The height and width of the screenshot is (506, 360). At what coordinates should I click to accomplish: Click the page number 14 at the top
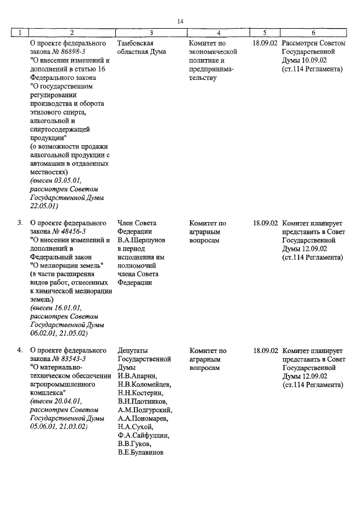coord(180,21)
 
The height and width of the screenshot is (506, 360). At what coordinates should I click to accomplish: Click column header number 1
coord(20,33)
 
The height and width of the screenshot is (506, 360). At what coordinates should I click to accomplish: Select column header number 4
coord(218,33)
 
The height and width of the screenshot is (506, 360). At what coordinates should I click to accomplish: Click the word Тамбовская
coord(136,43)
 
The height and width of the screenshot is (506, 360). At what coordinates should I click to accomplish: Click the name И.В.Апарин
coord(137,376)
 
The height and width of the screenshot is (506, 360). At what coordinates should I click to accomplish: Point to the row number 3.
coord(20,223)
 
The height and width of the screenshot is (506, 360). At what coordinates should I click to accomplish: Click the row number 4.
coord(20,350)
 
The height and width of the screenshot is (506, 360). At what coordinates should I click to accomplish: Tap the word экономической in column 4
coord(213,52)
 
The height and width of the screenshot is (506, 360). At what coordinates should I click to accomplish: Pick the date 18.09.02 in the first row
coord(265,43)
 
